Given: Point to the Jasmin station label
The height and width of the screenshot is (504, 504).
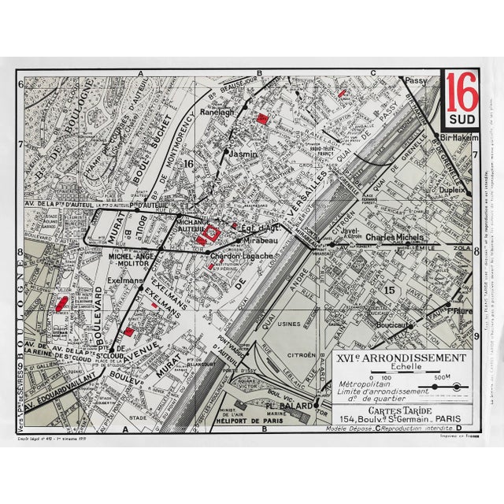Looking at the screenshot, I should [243, 154].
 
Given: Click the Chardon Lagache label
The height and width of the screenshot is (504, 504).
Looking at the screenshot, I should [241, 256].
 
